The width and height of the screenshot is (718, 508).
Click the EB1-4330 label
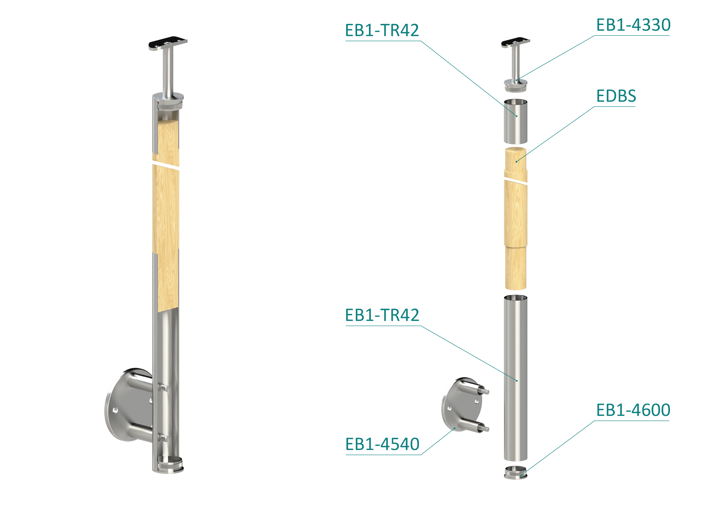click(633, 25)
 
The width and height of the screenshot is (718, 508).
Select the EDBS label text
click(616, 96)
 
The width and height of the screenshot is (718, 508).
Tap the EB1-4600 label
click(633, 410)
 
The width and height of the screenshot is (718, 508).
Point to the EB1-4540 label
click(382, 444)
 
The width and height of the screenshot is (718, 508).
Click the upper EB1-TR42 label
click(382, 30)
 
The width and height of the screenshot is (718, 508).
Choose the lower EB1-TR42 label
click(382, 315)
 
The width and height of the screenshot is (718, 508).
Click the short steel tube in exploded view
click(515, 121)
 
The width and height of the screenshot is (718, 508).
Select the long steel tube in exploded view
click(515, 378)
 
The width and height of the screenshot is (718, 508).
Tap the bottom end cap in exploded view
click(515, 473)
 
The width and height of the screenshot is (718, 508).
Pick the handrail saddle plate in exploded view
click(515, 43)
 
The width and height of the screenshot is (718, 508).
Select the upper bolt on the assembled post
click(163, 387)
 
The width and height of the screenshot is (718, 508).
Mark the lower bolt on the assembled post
click(163, 437)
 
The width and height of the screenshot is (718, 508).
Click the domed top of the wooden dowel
click(515, 150)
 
